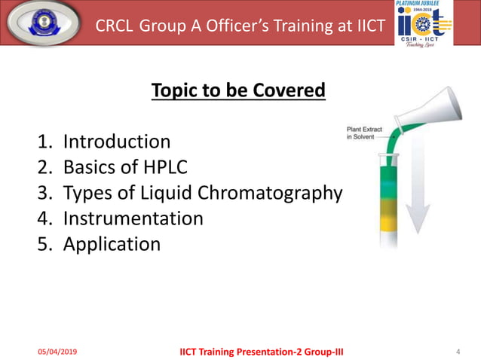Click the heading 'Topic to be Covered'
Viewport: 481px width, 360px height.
pos(238,91)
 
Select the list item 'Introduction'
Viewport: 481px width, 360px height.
pos(116,142)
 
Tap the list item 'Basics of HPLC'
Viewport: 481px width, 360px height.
pos(126,167)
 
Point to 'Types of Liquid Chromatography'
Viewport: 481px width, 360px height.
pos(202,193)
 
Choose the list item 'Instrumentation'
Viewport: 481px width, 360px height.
pos(133,218)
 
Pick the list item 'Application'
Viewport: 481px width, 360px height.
pos(112,244)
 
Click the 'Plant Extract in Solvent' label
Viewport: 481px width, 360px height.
pos(364,133)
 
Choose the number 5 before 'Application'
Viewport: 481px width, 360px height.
pos(44,244)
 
